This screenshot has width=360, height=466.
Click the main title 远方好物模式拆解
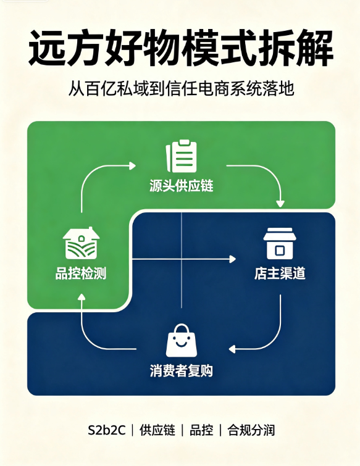(x=180, y=48)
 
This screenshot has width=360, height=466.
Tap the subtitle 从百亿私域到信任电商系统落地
(x=182, y=88)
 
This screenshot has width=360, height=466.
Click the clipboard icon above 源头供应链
(x=182, y=156)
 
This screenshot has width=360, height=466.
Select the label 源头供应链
(x=182, y=186)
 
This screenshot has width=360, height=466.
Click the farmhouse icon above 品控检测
(x=81, y=243)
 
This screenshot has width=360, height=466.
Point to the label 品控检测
(x=81, y=273)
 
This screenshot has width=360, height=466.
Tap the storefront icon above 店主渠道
(x=280, y=243)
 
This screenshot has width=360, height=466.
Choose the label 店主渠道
(x=280, y=273)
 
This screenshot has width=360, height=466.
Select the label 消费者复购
(x=182, y=371)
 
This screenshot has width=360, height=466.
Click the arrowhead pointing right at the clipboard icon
(x=133, y=166)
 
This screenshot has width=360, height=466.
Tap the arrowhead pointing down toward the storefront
(x=280, y=204)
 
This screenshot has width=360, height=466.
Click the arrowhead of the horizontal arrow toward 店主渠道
(x=232, y=259)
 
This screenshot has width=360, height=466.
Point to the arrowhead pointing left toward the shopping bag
(x=232, y=349)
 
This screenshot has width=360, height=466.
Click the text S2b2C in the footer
(x=106, y=430)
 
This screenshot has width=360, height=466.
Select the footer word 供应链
(x=157, y=430)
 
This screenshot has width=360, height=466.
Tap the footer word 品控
(x=201, y=430)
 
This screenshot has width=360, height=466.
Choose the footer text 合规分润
(x=251, y=430)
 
